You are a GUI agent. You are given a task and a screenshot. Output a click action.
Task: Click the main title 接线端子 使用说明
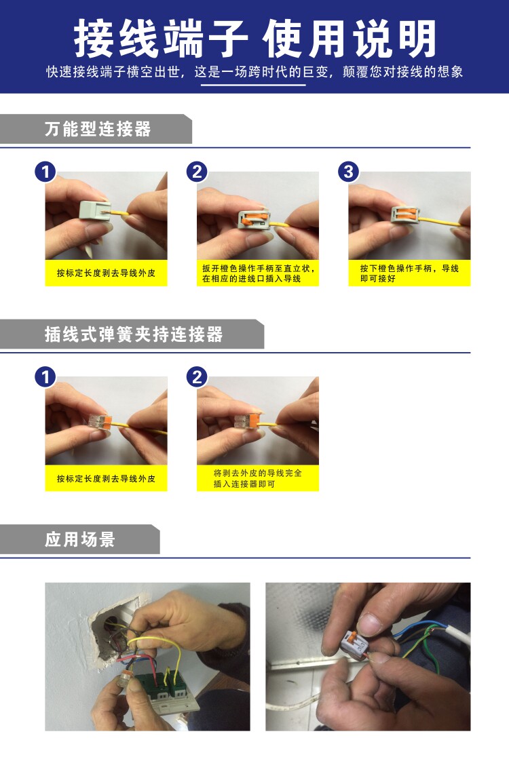click(254, 38)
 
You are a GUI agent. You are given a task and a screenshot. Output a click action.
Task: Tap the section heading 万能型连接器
click(98, 129)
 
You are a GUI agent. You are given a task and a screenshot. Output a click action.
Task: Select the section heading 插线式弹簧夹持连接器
click(134, 334)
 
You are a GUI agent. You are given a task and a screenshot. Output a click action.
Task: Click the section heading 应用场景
click(80, 539)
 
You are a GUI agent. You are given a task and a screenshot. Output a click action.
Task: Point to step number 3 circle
click(348, 172)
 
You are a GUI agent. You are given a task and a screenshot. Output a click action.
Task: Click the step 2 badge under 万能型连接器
click(197, 172)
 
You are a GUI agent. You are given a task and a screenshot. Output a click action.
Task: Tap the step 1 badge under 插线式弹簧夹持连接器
click(45, 376)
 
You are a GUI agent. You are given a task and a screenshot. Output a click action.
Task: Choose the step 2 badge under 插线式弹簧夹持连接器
click(197, 376)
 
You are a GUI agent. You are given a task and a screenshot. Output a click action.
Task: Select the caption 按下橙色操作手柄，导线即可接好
click(409, 273)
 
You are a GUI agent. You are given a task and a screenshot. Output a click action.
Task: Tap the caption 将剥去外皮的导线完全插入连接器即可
click(258, 478)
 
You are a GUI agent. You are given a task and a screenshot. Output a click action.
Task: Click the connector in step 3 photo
click(405, 215)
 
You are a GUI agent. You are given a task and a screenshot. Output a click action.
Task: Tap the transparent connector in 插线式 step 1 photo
click(100, 421)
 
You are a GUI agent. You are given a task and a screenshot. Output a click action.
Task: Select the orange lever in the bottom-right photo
click(353, 637)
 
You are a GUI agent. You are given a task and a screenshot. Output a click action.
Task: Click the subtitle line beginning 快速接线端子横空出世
click(254, 72)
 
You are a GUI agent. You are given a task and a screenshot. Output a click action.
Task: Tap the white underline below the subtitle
click(253, 85)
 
